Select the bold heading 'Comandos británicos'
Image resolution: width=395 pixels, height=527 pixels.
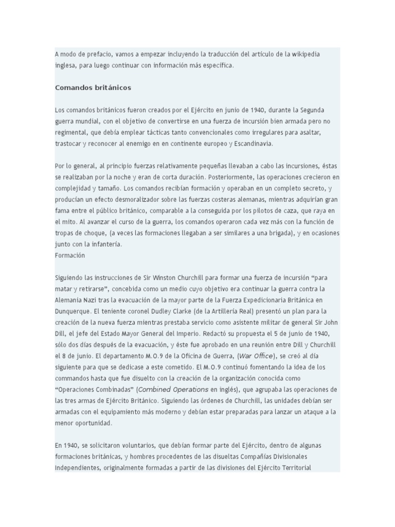(x=93, y=87)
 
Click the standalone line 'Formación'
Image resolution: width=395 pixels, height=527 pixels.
(x=70, y=255)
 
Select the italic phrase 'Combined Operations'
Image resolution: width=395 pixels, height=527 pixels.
(x=173, y=390)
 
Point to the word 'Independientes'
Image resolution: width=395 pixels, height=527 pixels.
(x=78, y=468)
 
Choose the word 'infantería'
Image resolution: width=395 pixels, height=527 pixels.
(x=105, y=244)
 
